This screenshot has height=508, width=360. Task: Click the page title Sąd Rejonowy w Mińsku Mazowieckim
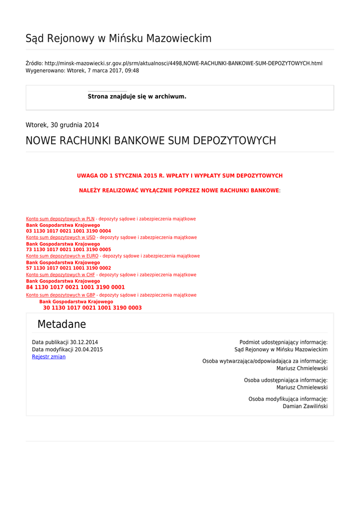(x=118, y=39)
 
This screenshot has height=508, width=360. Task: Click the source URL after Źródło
(x=183, y=63)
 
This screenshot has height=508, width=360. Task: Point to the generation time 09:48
(x=133, y=71)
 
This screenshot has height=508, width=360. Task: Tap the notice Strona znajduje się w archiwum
(x=137, y=97)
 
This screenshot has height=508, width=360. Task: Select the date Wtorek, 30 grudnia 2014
(x=62, y=125)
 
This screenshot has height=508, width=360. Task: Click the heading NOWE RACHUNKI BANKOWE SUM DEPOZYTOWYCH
(x=150, y=141)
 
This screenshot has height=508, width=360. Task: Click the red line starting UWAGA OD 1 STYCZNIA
(x=180, y=176)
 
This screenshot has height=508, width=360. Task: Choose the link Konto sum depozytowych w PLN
(x=60, y=219)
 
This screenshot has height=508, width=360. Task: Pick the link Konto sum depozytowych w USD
(x=61, y=238)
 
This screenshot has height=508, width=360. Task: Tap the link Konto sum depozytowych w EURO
(x=62, y=256)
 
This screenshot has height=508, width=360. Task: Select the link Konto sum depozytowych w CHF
(x=61, y=275)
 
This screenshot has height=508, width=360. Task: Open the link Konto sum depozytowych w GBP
(x=61, y=295)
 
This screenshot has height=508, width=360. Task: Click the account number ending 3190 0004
(x=69, y=231)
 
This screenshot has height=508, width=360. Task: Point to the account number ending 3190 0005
(x=69, y=250)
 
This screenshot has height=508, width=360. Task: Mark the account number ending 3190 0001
(x=75, y=287)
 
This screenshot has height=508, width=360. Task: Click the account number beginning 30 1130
(x=92, y=308)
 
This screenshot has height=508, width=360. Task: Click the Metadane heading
(x=62, y=324)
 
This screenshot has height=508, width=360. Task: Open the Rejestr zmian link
(x=49, y=357)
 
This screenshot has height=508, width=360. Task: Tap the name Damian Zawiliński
(x=305, y=406)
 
